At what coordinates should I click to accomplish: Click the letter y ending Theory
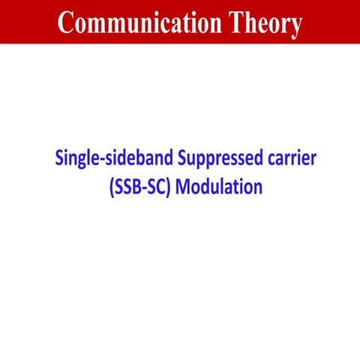click(x=294, y=26)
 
